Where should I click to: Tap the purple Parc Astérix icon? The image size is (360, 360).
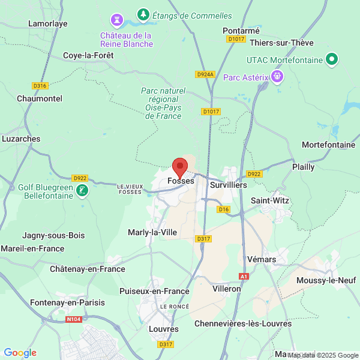tap(277, 76)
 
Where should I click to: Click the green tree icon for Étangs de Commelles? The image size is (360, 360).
tap(143, 14)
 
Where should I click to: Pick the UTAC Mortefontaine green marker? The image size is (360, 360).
tap(331, 59)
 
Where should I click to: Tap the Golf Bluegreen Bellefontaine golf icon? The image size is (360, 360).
tap(83, 191)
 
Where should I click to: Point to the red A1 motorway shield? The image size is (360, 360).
tap(244, 276)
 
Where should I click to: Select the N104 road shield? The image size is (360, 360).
tap(73, 320)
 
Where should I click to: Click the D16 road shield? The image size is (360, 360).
tap(224, 209)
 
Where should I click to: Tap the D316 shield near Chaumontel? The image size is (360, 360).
tap(40, 86)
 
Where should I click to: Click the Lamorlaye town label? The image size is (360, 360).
tap(48, 24)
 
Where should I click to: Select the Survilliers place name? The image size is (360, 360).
tap(229, 185)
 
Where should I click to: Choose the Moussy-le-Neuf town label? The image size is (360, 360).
tap(328, 280)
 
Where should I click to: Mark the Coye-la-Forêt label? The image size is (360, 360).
tap(88, 55)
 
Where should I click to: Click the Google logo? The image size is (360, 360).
tap(20, 353)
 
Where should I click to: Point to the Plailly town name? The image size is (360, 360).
tap(303, 167)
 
